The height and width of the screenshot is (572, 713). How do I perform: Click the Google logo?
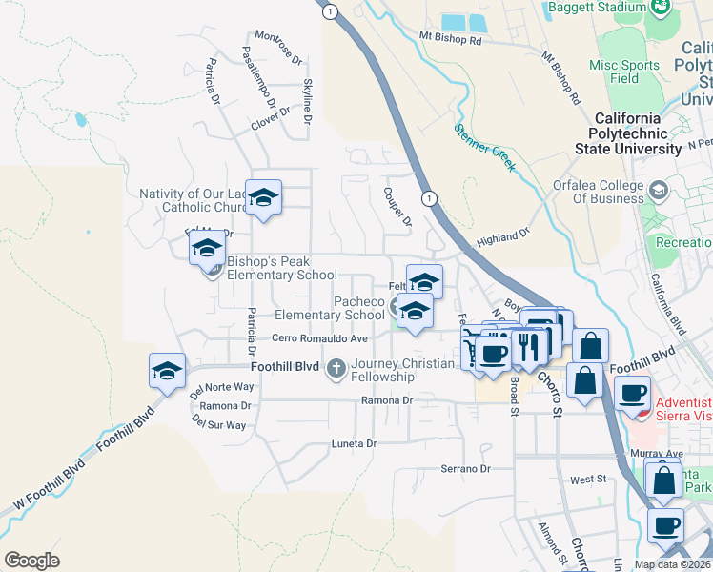(32, 561)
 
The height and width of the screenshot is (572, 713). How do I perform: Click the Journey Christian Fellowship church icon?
(336, 368)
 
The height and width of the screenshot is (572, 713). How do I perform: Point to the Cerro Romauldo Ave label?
(319, 338)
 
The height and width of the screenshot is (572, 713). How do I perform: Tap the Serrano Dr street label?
(464, 469)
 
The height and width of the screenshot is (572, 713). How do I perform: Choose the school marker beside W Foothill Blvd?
(167, 372)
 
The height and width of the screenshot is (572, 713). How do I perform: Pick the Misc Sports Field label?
(624, 71)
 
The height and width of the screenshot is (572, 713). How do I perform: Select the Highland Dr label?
(502, 236)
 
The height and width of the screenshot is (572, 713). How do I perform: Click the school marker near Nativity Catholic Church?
(264, 198)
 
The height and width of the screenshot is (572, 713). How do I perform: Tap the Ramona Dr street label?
(386, 401)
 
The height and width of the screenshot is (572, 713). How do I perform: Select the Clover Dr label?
(270, 118)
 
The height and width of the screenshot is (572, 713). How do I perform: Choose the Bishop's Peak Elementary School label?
(282, 268)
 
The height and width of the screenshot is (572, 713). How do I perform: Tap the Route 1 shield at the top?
(329, 11)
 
